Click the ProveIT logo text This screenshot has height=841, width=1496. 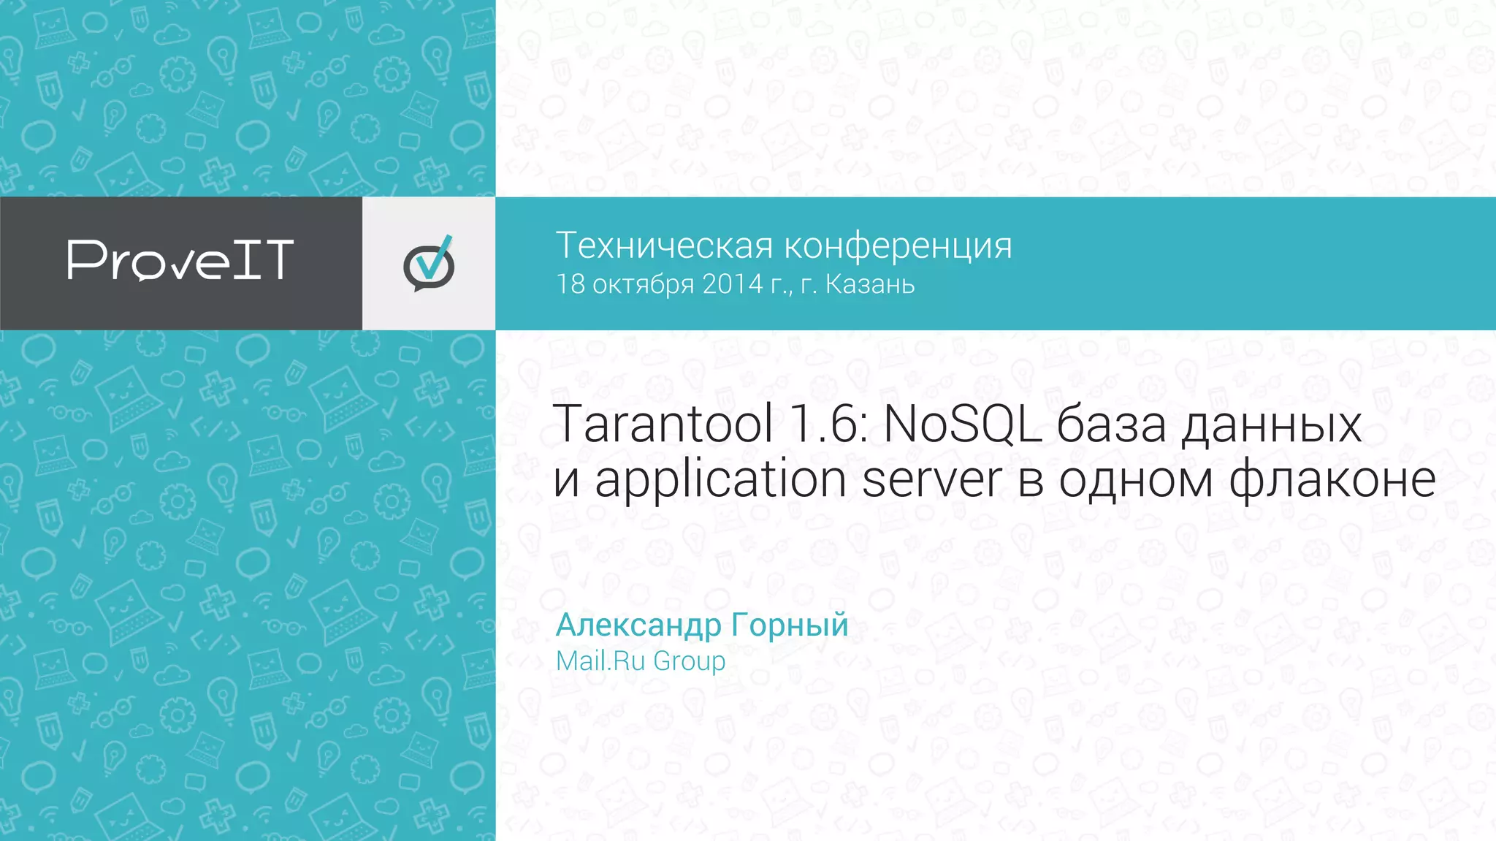pos(180,260)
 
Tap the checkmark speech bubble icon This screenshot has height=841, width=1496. pos(429,264)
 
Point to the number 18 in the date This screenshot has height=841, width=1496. pos(570,284)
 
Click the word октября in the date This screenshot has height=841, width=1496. pos(643,284)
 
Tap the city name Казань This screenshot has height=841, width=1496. pos(869,284)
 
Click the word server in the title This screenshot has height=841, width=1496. pos(932,481)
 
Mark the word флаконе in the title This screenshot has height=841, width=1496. pos(1332,481)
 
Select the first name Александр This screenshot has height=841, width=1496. pos(638,625)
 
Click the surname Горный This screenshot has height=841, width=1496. pos(790,625)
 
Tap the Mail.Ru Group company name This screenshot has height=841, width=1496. pos(641,661)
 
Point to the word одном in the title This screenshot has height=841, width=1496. pos(1136,481)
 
